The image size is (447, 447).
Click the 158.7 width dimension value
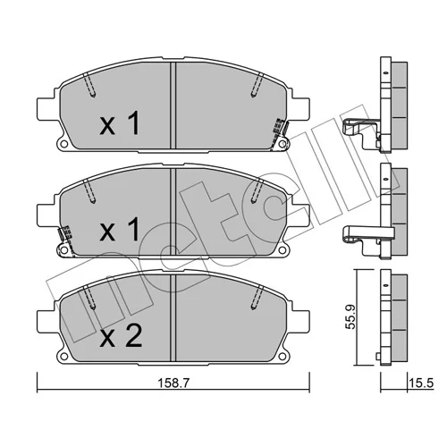173,383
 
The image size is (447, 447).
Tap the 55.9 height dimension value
350,316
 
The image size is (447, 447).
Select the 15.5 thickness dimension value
421,383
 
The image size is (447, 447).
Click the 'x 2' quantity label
121,336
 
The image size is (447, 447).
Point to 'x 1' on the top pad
120,122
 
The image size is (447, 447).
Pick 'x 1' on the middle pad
120,229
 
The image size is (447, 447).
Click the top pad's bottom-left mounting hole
63,145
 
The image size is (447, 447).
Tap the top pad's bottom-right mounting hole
283,145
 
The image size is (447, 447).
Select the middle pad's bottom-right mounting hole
283,250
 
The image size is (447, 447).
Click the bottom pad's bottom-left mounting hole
63,357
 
